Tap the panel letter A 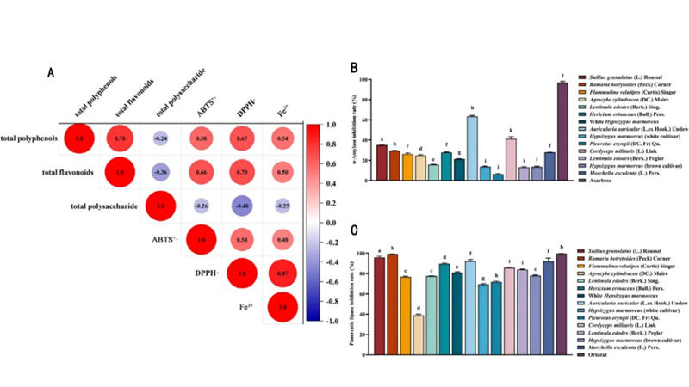pos(51,72)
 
